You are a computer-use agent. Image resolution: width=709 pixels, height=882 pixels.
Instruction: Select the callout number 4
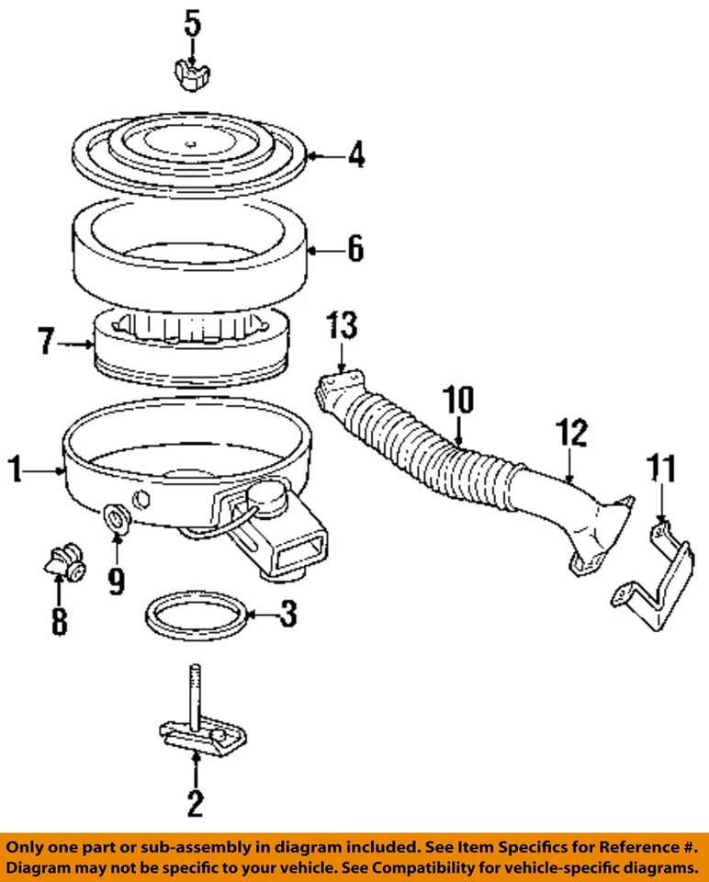point(354,155)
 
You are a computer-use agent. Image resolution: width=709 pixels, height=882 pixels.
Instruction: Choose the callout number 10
point(459,401)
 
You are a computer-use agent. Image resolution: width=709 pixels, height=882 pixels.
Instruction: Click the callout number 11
point(663,469)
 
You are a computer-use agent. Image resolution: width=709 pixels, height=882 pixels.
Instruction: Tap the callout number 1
point(15,471)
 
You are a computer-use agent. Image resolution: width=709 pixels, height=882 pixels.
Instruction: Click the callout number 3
point(287,614)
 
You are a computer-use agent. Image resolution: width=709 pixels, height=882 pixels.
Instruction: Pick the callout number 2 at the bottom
point(195,804)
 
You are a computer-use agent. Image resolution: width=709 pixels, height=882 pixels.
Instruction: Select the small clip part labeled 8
point(62,562)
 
